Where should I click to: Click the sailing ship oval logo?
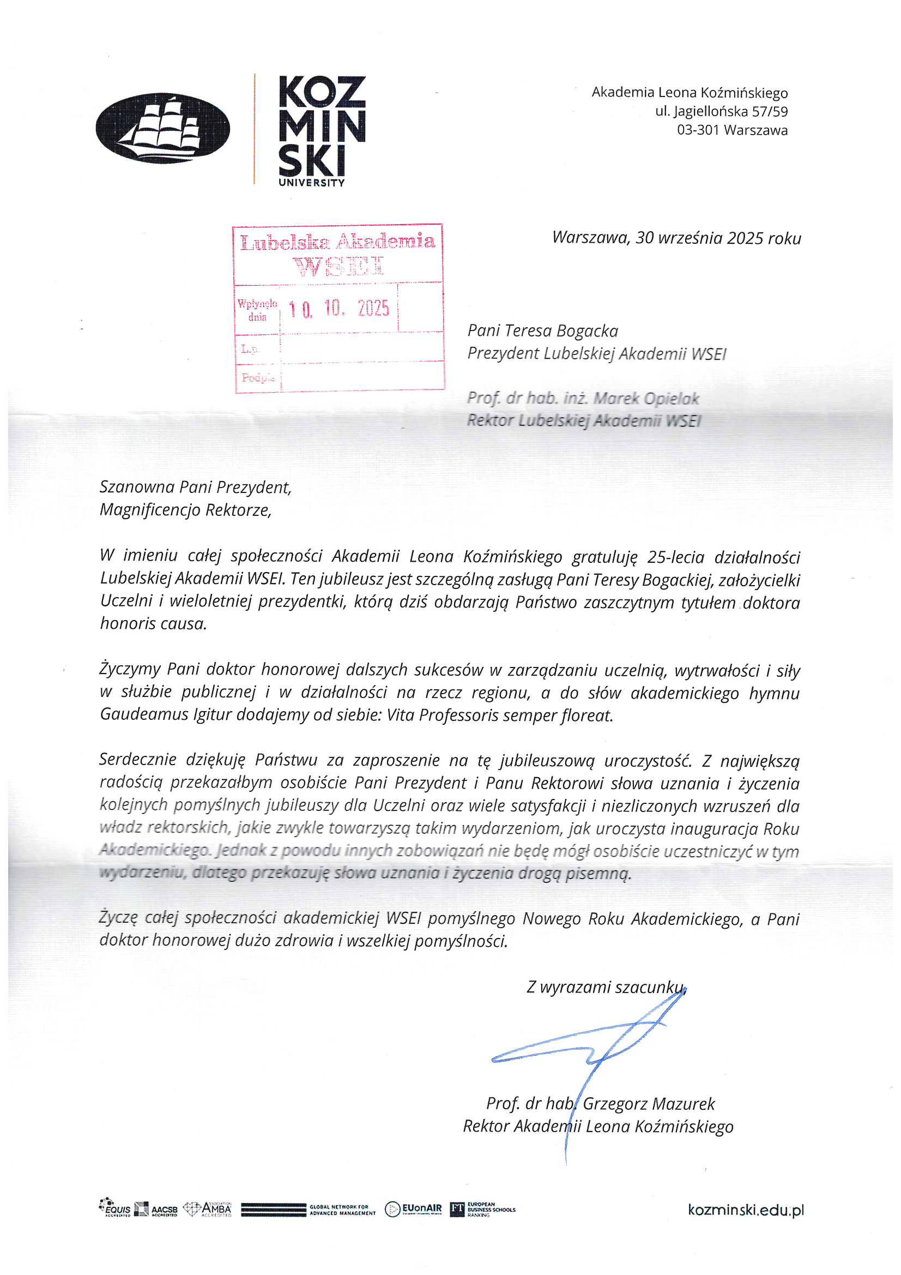162,128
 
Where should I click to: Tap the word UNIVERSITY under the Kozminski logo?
311,183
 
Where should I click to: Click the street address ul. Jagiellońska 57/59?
721,112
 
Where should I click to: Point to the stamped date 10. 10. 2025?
339,308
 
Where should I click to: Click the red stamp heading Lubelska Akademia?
337,242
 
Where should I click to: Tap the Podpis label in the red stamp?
258,378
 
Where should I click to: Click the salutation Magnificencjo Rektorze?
185,510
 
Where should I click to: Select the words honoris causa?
153,624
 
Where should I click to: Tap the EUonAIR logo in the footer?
414,1209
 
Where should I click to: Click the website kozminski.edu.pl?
745,1210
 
